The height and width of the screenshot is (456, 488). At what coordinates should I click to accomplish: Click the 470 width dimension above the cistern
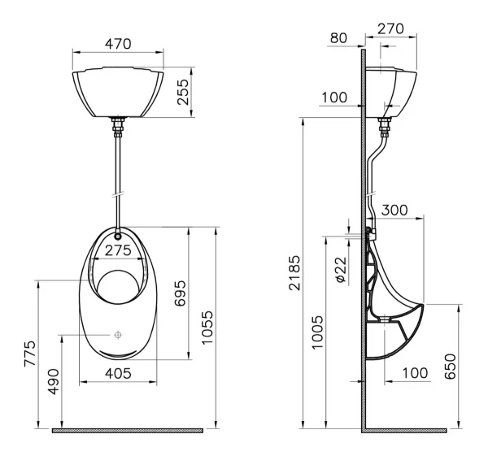tap(119, 46)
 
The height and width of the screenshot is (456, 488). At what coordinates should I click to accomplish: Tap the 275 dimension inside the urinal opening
tap(118, 250)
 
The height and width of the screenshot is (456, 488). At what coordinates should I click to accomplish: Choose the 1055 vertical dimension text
tap(207, 328)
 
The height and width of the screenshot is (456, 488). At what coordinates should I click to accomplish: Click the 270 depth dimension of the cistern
tap(391, 28)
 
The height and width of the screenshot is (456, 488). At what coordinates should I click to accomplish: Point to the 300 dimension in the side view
tap(394, 210)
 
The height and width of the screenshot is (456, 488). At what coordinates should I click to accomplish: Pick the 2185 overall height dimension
tap(294, 276)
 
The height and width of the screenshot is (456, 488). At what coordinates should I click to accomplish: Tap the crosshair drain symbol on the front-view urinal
tap(118, 334)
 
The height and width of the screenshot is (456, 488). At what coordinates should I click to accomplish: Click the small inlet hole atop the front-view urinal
tap(118, 237)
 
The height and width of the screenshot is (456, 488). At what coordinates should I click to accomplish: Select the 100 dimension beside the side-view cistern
tap(334, 98)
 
